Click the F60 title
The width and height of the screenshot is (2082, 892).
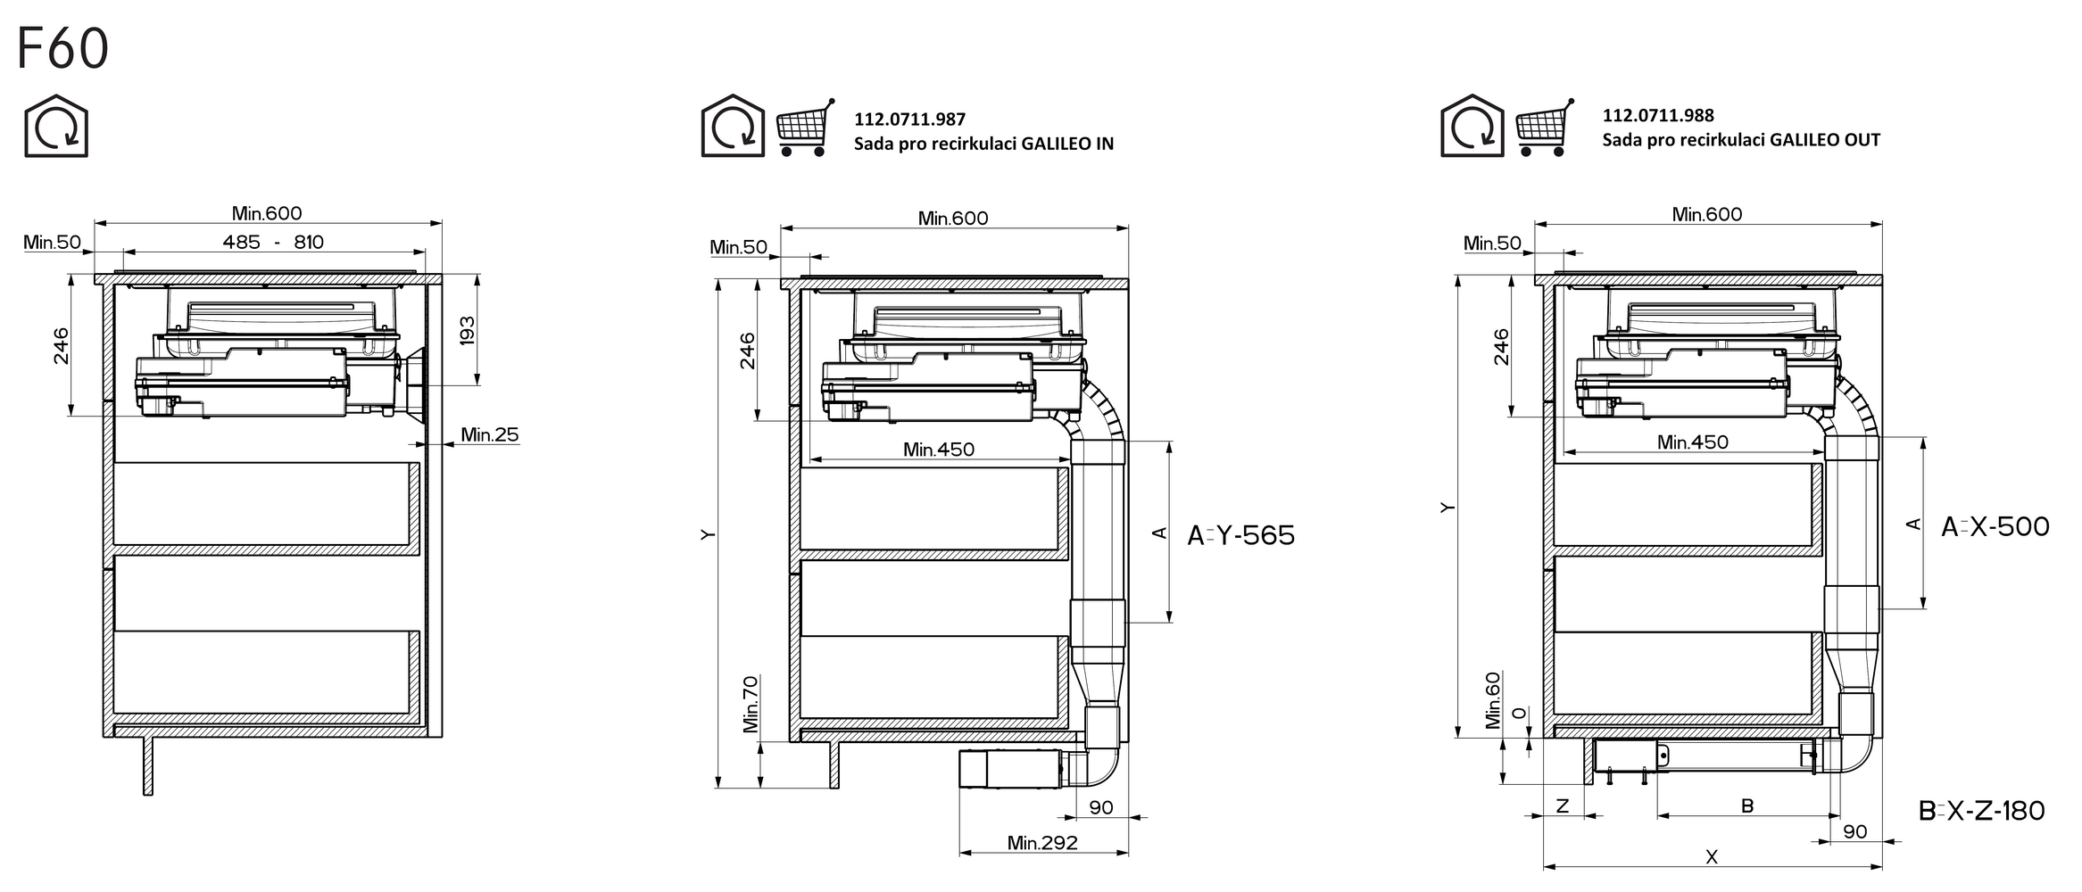pos(62,49)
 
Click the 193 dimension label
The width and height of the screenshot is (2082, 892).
pos(467,331)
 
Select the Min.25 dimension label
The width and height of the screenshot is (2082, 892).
pos(489,434)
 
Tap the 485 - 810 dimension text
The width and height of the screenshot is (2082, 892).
pos(273,242)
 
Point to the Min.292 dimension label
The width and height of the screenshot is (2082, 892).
pos(1042,842)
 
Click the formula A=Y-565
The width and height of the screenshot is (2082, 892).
pos(1240,535)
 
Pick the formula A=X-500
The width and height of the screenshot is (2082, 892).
pos(1995,526)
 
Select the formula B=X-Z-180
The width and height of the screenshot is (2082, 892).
pos(1981,811)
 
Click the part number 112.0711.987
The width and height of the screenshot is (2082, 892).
pos(909,120)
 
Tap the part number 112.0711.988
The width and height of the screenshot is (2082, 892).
pos(1658,115)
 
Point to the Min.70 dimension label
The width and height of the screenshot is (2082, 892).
pos(750,704)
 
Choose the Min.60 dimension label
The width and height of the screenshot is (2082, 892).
pos(1493,700)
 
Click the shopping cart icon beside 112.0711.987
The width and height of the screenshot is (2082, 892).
pos(806,128)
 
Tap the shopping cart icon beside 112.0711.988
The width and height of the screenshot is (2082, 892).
pos(1545,128)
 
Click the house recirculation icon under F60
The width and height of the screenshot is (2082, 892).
pos(56,126)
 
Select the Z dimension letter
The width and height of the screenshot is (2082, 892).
pos(1563,805)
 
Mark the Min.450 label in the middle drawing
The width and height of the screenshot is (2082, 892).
pos(939,450)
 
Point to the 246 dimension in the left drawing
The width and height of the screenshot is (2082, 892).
pos(61,346)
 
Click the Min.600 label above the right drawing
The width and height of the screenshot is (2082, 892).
pos(1707,214)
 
